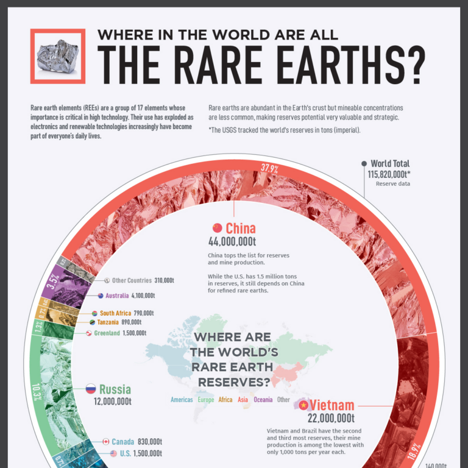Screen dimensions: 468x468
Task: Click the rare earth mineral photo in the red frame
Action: [x=58, y=56]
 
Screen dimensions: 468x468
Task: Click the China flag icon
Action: [x=218, y=228]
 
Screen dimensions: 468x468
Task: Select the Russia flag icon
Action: [x=90, y=389]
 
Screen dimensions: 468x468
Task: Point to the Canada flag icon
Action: [x=106, y=441]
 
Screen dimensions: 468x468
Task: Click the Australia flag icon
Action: [x=102, y=296]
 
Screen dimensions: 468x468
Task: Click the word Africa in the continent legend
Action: [x=225, y=400]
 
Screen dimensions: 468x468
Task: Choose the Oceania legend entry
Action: [x=263, y=400]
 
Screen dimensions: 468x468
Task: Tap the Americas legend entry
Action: [x=182, y=400]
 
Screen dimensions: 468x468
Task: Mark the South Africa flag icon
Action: [x=94, y=313]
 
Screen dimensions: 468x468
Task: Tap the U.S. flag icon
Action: [x=113, y=453]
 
